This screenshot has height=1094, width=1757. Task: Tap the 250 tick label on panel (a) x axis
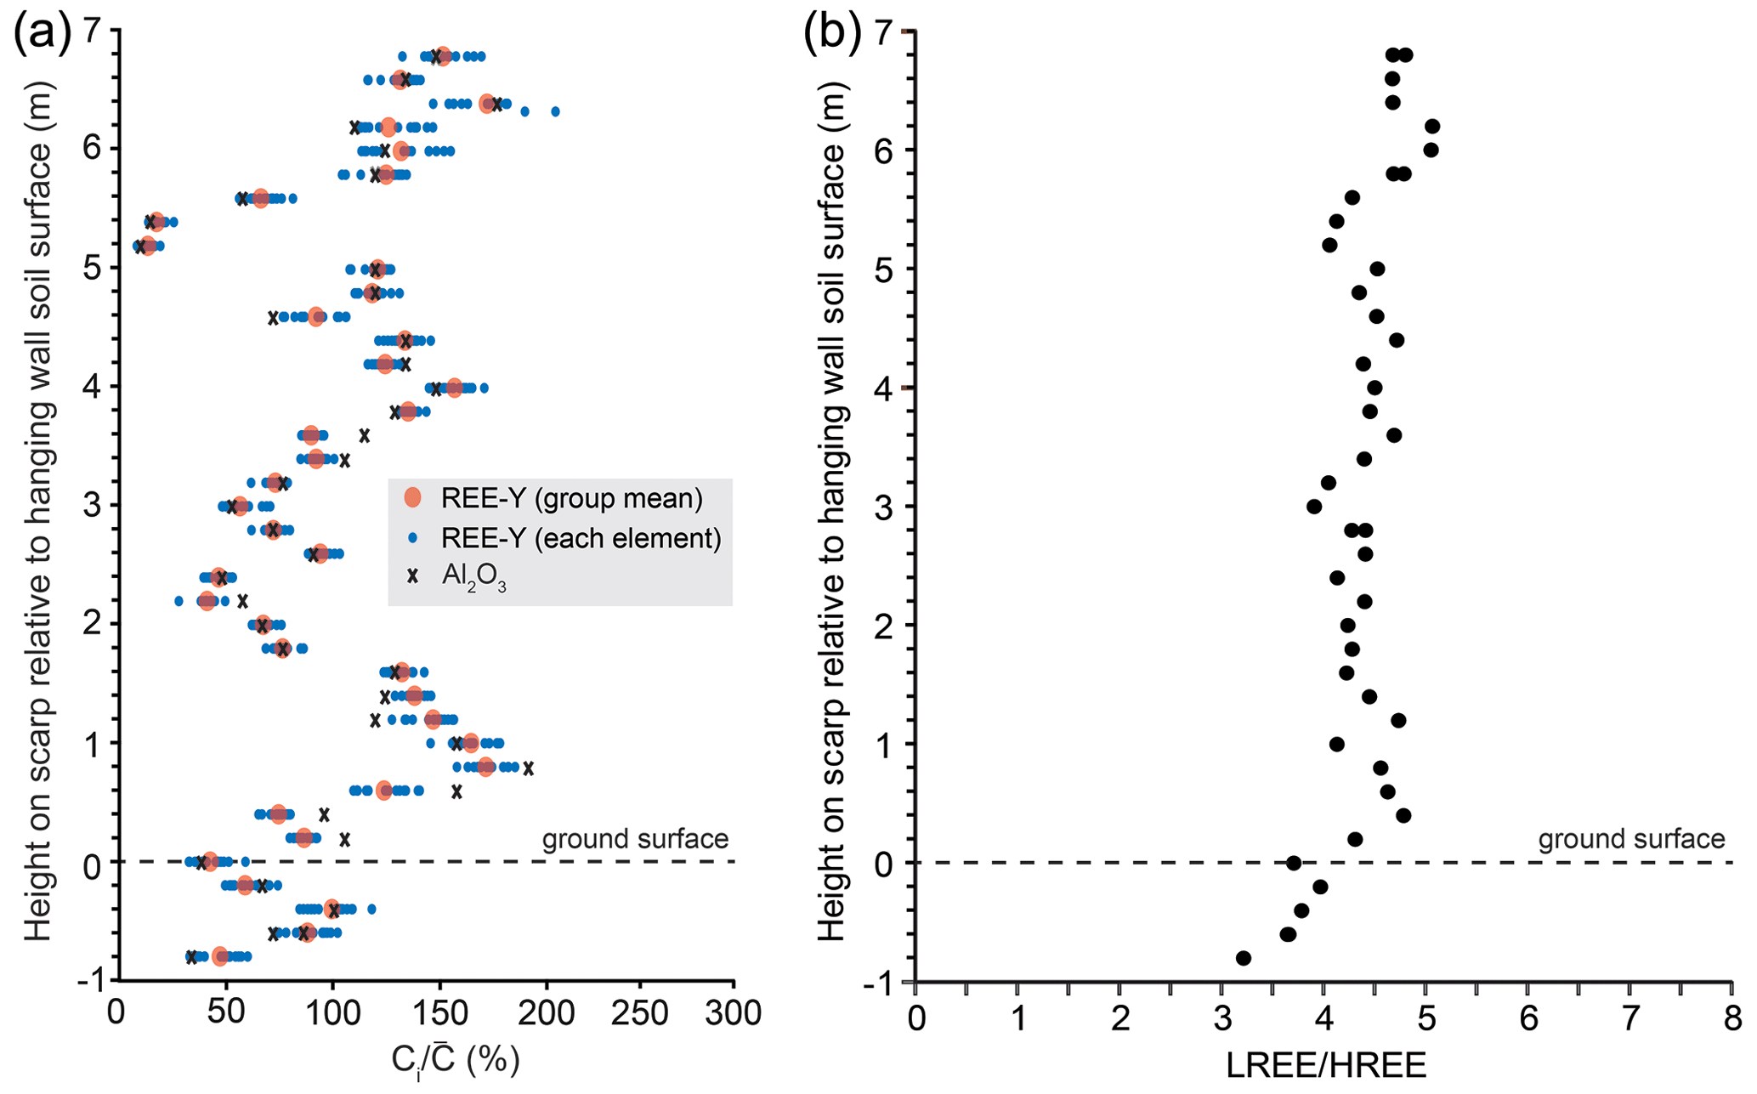click(639, 1014)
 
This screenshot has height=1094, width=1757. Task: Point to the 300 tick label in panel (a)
click(734, 1014)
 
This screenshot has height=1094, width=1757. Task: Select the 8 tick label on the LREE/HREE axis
click(1732, 1018)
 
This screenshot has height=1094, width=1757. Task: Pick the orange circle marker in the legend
click(413, 497)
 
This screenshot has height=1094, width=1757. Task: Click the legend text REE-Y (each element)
click(581, 538)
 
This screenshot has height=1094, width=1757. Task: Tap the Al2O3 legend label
click(473, 577)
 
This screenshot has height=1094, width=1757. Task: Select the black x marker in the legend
click(413, 576)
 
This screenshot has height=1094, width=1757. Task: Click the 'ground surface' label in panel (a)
click(635, 839)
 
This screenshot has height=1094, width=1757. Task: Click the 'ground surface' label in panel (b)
click(1631, 839)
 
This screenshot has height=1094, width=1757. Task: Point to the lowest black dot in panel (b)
click(1243, 958)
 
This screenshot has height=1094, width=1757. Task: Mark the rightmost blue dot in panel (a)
click(555, 111)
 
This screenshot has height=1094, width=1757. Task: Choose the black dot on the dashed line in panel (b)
click(1294, 863)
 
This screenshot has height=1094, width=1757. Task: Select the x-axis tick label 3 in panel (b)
click(1221, 1018)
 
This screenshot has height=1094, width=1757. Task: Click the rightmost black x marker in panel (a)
click(529, 768)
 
